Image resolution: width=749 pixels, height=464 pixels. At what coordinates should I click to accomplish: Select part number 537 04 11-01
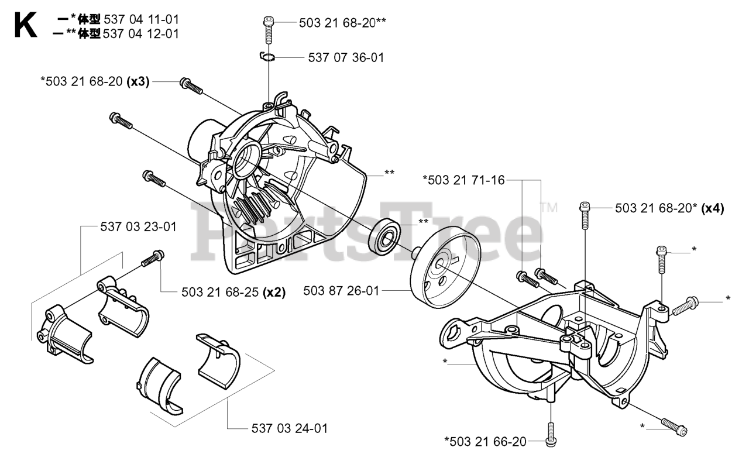click(x=140, y=20)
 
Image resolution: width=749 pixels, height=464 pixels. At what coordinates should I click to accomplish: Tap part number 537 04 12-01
click(x=140, y=33)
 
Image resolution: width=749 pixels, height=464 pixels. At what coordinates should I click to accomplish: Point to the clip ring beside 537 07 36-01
click(x=267, y=56)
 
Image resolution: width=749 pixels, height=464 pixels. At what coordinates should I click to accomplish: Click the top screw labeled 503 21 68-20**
click(x=268, y=28)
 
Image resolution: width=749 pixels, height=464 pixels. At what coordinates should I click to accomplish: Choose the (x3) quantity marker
click(x=139, y=83)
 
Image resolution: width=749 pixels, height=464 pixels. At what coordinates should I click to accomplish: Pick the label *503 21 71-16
click(x=463, y=180)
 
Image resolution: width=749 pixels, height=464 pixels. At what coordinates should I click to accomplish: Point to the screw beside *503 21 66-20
click(x=550, y=435)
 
